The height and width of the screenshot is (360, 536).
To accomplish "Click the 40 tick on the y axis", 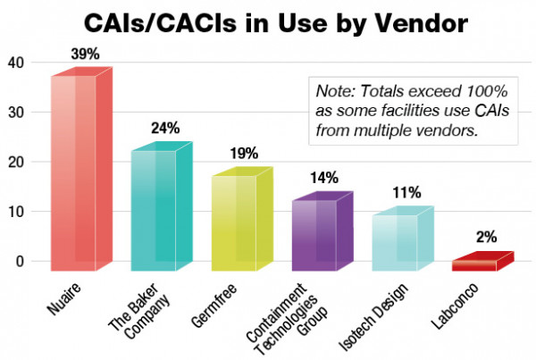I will pos(14,63).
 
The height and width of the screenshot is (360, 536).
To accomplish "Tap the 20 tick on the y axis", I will pos(14,163).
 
